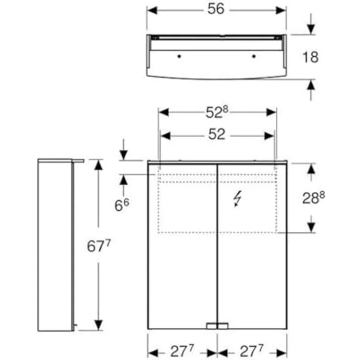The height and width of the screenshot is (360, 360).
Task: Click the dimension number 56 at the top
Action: click(x=216, y=10)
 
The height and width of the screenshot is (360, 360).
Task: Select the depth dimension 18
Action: click(x=310, y=57)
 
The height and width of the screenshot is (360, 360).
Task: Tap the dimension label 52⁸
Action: click(x=217, y=112)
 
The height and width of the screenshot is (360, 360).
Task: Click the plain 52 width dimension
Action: click(x=217, y=135)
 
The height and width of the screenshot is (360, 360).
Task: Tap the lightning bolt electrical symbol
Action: click(x=237, y=199)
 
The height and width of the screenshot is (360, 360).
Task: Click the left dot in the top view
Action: click(x=179, y=57)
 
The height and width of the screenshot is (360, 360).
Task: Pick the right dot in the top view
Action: click(x=253, y=57)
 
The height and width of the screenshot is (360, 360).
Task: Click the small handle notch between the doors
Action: click(x=217, y=325)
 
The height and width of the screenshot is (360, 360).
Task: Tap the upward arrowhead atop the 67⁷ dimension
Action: click(x=99, y=165)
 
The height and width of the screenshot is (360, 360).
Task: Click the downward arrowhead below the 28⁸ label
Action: click(x=311, y=227)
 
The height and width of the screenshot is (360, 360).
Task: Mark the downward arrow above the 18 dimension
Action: click(x=311, y=29)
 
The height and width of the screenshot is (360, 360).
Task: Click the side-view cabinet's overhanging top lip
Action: click(x=78, y=160)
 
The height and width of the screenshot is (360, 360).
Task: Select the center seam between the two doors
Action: click(x=217, y=245)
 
